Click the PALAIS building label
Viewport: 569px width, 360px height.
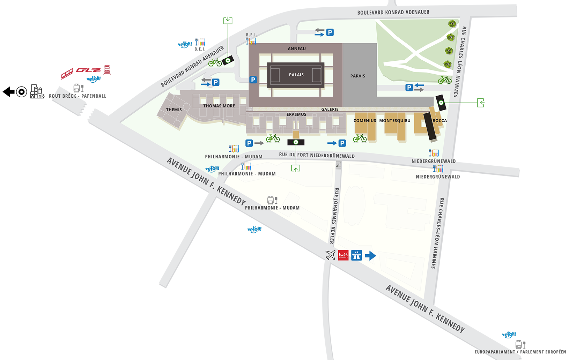click(296, 75)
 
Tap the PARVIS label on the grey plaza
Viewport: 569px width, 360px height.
click(357, 76)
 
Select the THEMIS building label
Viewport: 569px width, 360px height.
click(174, 110)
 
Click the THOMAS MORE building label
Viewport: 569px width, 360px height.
click(219, 106)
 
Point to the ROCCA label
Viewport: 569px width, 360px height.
click(439, 121)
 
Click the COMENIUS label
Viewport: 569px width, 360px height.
click(364, 121)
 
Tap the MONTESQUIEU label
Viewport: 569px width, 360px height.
click(394, 121)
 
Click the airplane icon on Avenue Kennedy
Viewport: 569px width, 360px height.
click(330, 255)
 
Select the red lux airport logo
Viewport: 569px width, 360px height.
click(343, 255)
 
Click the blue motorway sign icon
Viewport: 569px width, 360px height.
click(356, 255)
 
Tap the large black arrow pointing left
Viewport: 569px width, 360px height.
click(8, 92)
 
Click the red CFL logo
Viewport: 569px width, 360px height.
click(88, 70)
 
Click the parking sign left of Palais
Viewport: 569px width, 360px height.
click(253, 80)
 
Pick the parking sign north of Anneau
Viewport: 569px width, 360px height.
click(330, 32)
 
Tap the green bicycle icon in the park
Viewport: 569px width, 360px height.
click(445, 80)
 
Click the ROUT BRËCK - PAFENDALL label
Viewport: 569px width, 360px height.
click(77, 96)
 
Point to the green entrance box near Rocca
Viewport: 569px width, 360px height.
click(480, 103)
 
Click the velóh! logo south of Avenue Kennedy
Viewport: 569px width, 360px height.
click(254, 229)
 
